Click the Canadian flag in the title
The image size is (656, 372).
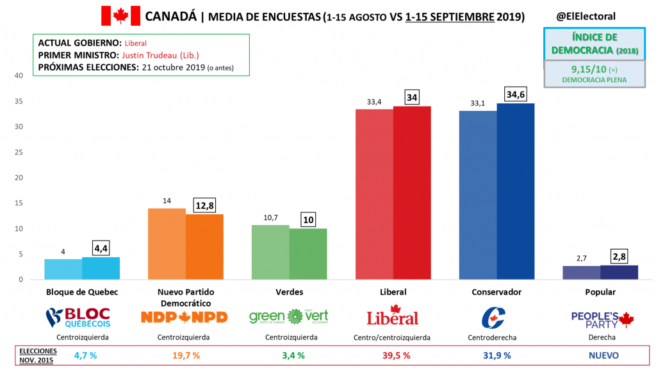(x=120, y=15)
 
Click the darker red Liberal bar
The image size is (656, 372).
(x=412, y=192)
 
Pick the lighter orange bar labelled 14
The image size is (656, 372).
(x=167, y=244)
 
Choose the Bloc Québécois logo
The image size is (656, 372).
(x=78, y=317)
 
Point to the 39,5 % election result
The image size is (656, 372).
(x=393, y=355)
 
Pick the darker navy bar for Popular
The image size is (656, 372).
(x=619, y=272)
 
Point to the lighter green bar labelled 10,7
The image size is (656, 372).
(x=270, y=252)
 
